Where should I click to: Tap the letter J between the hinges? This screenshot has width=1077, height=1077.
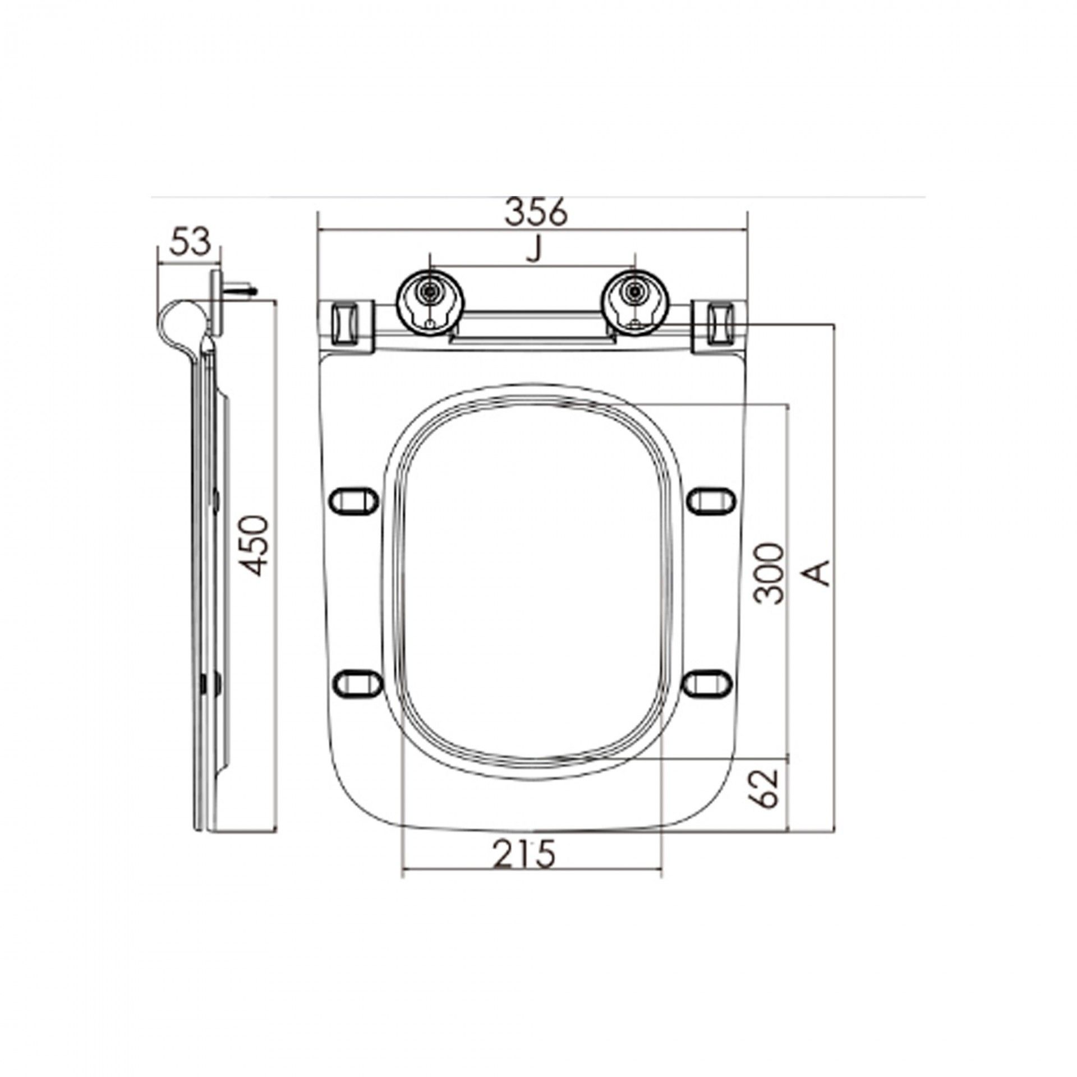(535, 250)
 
